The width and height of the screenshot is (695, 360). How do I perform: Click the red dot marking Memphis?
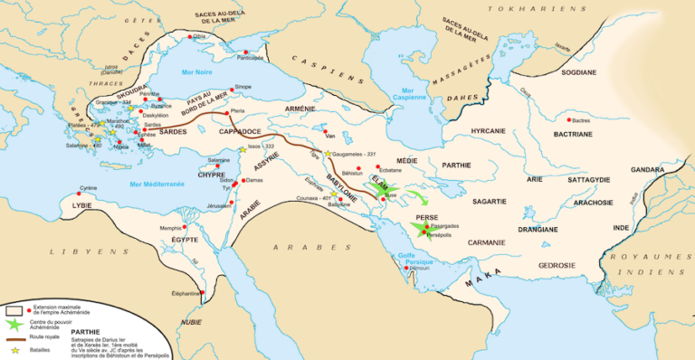tap(188, 228)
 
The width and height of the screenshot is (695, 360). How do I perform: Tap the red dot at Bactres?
tap(567, 119)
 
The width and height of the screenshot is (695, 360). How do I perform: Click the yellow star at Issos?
tap(243, 149)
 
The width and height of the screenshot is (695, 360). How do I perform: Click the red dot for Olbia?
tap(189, 37)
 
